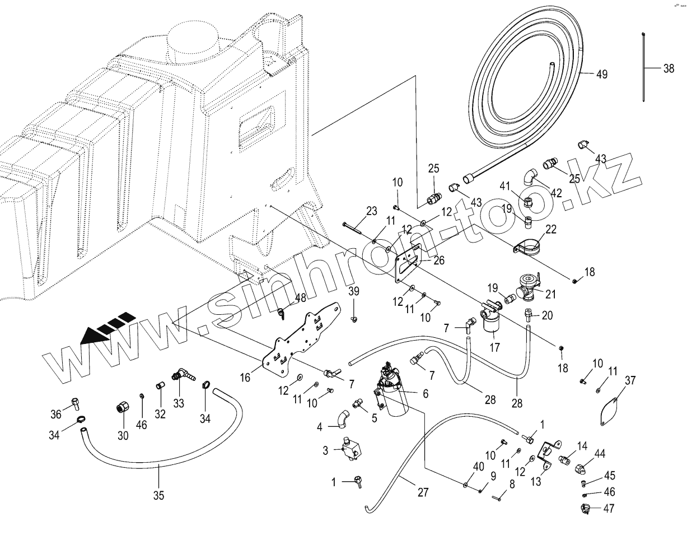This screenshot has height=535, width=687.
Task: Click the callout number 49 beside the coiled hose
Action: pyautogui.click(x=601, y=75)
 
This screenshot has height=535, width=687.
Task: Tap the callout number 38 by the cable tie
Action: pyautogui.click(x=669, y=68)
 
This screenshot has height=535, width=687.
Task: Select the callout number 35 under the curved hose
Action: pyautogui.click(x=159, y=495)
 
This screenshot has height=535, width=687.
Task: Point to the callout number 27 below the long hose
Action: pyautogui.click(x=423, y=492)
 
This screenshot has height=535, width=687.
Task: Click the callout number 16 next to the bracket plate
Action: pyautogui.click(x=245, y=378)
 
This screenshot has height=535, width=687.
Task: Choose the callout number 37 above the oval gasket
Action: pyautogui.click(x=630, y=381)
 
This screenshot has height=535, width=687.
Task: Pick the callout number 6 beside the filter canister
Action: pyautogui.click(x=426, y=394)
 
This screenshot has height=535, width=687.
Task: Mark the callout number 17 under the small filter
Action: pyautogui.click(x=494, y=347)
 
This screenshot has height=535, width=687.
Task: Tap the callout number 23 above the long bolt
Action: pyautogui.click(x=372, y=211)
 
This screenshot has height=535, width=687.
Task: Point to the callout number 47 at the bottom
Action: pyautogui.click(x=609, y=508)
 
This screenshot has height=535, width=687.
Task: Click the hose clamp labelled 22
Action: pyautogui.click(x=529, y=246)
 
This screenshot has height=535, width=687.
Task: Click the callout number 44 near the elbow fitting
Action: pyautogui.click(x=600, y=453)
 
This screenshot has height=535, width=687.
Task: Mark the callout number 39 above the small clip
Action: pyautogui.click(x=354, y=291)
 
